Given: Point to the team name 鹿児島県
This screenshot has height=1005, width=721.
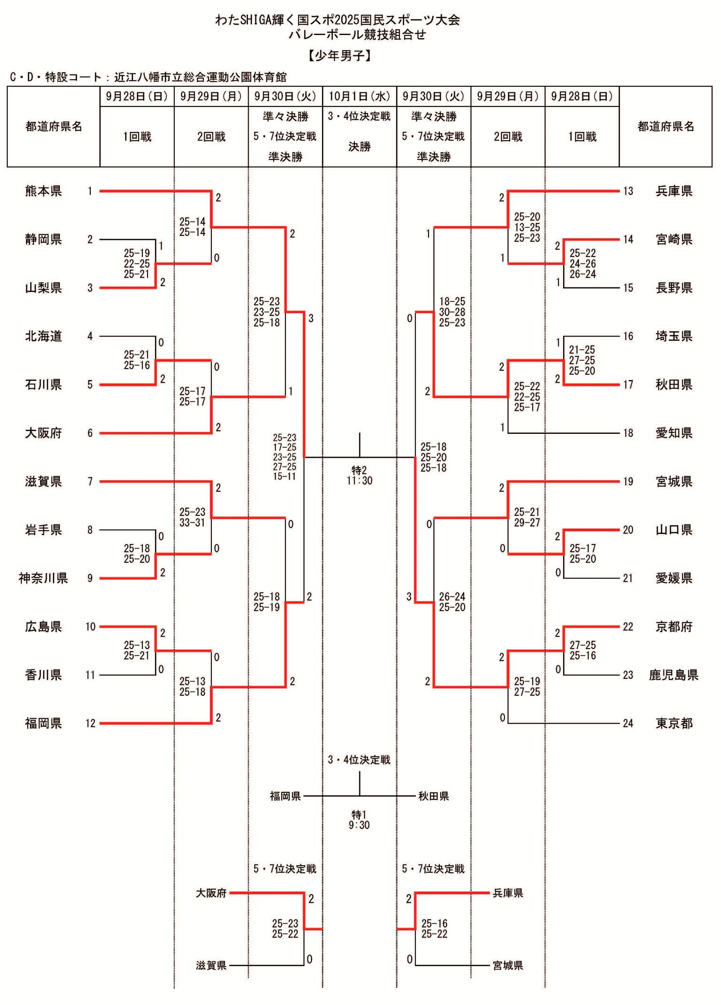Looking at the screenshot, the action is coord(673,675).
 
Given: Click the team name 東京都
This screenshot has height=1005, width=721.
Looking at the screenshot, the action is coord(673,723).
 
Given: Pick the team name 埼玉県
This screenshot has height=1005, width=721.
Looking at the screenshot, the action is coord(673,336).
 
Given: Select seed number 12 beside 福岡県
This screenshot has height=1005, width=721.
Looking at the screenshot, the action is coord(90,723).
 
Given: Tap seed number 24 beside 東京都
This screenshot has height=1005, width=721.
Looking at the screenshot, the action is coord(628,723).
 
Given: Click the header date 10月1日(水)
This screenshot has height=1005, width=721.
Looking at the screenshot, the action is coord(359,97).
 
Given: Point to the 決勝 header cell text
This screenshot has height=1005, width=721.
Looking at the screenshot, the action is coord(359,147).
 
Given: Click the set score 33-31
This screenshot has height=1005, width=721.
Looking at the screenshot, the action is coord(192,523).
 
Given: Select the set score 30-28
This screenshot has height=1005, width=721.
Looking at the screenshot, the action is coord(452,312).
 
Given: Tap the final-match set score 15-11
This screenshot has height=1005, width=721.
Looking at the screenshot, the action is coord(284,476).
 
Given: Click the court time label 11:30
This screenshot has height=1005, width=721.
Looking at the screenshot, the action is coord(359,481).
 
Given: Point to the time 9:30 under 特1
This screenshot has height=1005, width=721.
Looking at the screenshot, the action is coord(359,825).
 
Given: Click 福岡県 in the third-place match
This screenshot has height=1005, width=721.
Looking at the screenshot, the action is coord(285,796).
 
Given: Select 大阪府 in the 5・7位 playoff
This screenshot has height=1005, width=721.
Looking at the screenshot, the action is coord(211,893).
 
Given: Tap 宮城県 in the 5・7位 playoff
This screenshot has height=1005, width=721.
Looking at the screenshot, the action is coord(508,965).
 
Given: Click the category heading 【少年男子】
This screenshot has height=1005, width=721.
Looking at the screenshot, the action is coord(340,55).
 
